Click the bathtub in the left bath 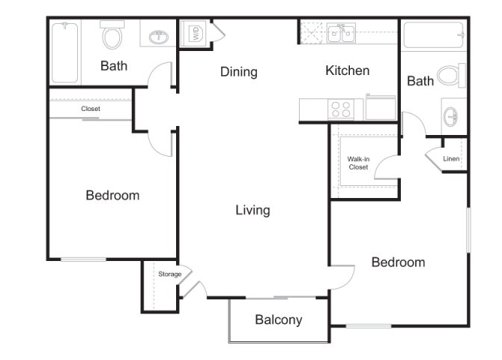tap(65, 52)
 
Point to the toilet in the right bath tap(450, 75)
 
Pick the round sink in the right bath tap(452, 117)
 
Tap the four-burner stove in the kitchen tap(342, 109)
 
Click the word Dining tap(238, 72)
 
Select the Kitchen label tap(347, 70)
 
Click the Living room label tap(252, 210)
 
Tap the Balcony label tap(278, 319)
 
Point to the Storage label tap(169, 274)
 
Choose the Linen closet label tap(450, 159)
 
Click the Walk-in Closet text tap(358, 163)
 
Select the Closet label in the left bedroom tap(91, 109)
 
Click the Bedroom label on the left tap(112, 195)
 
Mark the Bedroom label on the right tap(398, 262)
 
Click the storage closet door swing tap(190, 286)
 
